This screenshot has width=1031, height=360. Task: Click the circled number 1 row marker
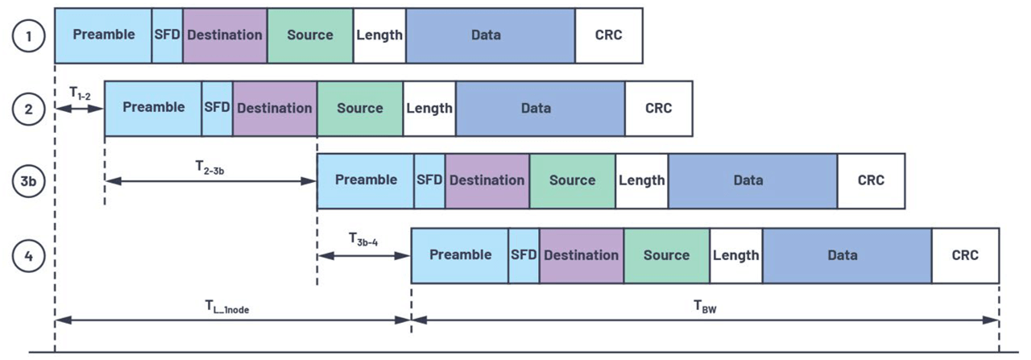[28, 35]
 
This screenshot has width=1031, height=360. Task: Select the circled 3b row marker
[28, 181]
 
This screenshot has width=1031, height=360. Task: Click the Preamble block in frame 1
[103, 35]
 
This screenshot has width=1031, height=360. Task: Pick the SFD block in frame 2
[217, 108]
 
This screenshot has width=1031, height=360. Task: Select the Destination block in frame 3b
[487, 180]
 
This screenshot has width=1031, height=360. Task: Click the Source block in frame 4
[666, 255]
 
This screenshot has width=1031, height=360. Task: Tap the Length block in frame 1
[379, 35]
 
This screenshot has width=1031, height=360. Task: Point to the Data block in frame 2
[540, 108]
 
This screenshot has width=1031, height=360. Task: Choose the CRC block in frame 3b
[871, 180]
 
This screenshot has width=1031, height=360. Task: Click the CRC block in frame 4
[965, 255]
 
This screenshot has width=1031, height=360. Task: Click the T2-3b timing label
[209, 167]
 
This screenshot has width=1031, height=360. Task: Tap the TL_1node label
[226, 306]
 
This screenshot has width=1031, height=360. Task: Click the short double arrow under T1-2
[79, 109]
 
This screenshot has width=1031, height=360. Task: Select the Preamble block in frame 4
[460, 255]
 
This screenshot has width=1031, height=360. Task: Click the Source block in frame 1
[309, 35]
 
